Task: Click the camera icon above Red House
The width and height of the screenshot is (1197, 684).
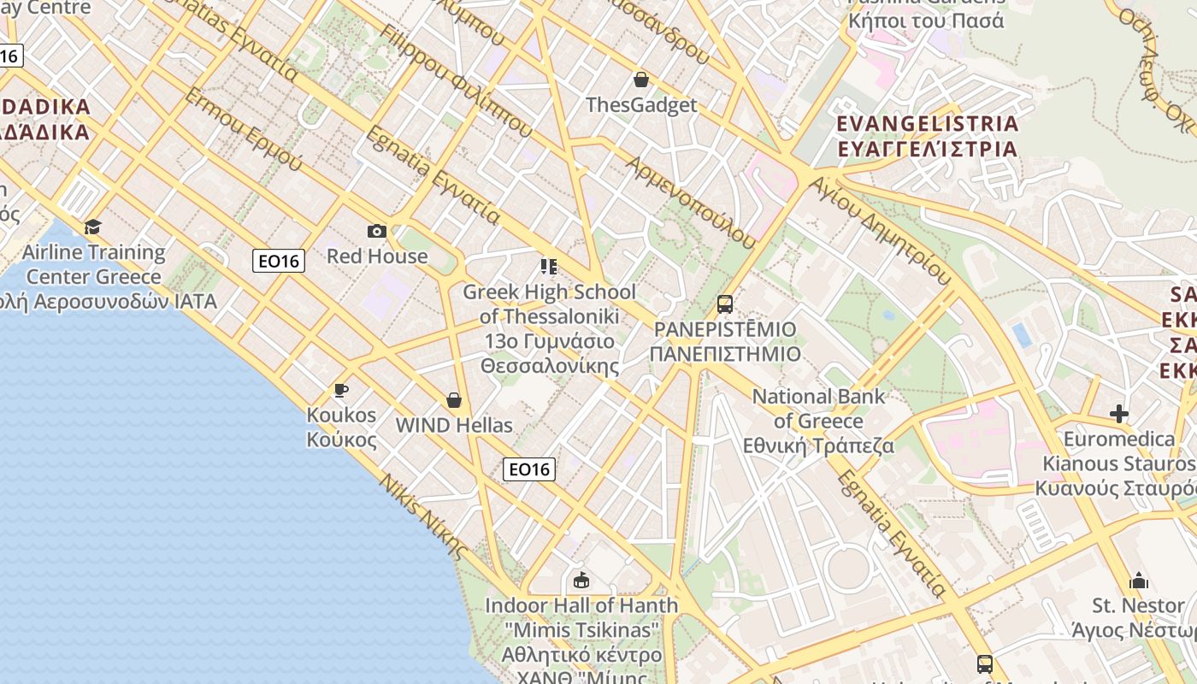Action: [x=377, y=232]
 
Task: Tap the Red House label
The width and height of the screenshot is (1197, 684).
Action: [x=377, y=256]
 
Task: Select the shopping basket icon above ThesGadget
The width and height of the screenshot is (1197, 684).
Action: [x=641, y=80]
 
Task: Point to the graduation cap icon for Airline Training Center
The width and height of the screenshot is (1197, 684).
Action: [x=92, y=227]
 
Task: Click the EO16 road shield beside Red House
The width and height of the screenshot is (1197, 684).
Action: [x=279, y=261]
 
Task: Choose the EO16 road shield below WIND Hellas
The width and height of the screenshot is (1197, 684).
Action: [x=528, y=469]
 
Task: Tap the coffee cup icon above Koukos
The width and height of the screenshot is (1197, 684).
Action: [x=341, y=391]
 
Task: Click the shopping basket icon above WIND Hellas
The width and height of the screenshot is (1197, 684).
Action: [x=454, y=400]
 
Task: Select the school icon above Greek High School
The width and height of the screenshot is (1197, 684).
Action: [x=549, y=267]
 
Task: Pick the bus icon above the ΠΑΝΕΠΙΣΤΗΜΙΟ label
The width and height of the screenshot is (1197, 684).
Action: [x=725, y=304]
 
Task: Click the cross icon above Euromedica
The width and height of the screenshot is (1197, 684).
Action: [x=1118, y=415]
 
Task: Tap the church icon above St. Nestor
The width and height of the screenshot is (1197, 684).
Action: [x=1138, y=581]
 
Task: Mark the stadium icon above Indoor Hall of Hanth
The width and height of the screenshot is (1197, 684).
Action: [x=581, y=581]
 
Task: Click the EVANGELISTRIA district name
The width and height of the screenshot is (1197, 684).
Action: [x=928, y=124]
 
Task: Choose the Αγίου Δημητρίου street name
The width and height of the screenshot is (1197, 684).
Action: [x=880, y=231]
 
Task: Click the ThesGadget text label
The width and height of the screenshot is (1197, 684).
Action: [x=641, y=105]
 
